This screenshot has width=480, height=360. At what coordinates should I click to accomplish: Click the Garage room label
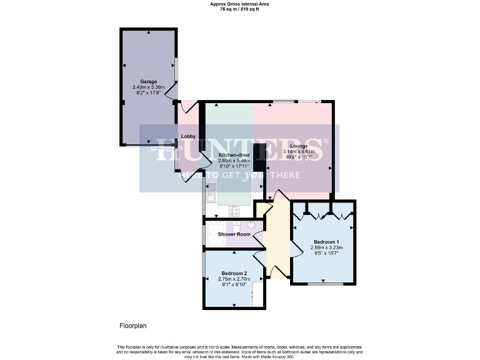tap(148, 81)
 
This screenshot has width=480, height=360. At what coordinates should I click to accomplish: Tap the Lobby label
tap(188, 136)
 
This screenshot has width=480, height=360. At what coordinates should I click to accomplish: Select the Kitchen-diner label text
tap(234, 154)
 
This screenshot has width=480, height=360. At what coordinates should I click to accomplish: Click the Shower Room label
tap(234, 234)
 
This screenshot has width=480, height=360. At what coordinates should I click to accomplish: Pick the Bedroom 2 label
tap(234, 273)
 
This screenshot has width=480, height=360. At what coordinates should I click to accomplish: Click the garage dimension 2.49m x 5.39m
tap(148, 87)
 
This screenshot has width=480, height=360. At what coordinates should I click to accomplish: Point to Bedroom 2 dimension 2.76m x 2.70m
tap(234, 279)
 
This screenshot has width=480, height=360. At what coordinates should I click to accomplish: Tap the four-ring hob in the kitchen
tap(234, 211)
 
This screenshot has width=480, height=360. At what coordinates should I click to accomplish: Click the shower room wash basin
tap(237, 226)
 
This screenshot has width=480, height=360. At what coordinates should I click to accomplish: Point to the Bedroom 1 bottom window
tap(325, 284)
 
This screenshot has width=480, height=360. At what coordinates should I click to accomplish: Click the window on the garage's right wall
tap(176, 69)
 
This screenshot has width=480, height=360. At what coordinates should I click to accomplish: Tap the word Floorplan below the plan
tap(132, 326)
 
